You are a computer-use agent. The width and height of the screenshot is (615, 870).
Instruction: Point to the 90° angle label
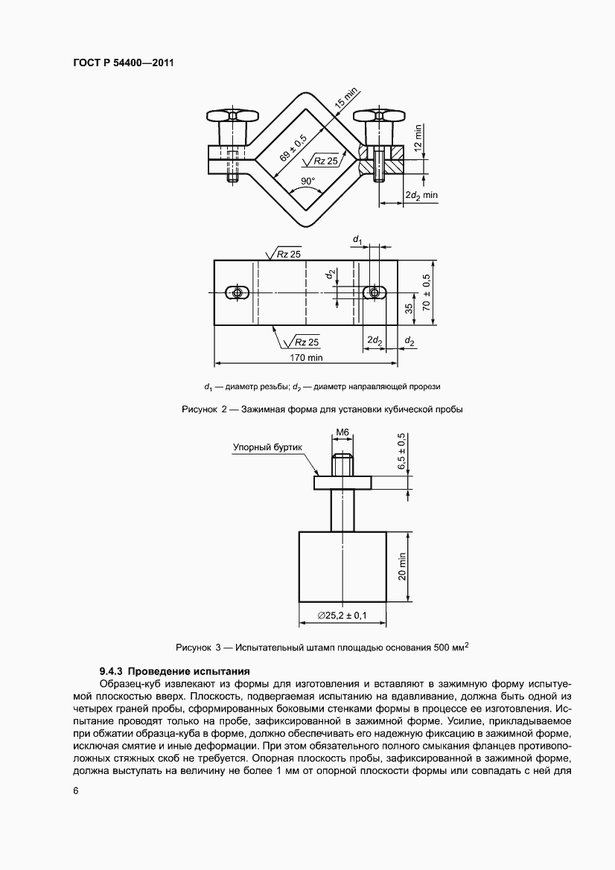tap(308, 182)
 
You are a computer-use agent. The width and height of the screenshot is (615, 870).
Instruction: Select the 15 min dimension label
tap(346, 100)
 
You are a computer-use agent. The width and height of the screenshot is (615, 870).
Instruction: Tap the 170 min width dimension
tap(307, 358)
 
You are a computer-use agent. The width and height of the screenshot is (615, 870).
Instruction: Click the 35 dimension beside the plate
tap(409, 310)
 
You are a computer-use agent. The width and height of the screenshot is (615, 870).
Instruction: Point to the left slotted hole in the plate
tap(237, 292)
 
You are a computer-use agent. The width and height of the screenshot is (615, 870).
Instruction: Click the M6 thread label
tap(342, 432)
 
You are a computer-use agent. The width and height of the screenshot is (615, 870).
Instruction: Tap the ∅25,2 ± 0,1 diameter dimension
tap(342, 614)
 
